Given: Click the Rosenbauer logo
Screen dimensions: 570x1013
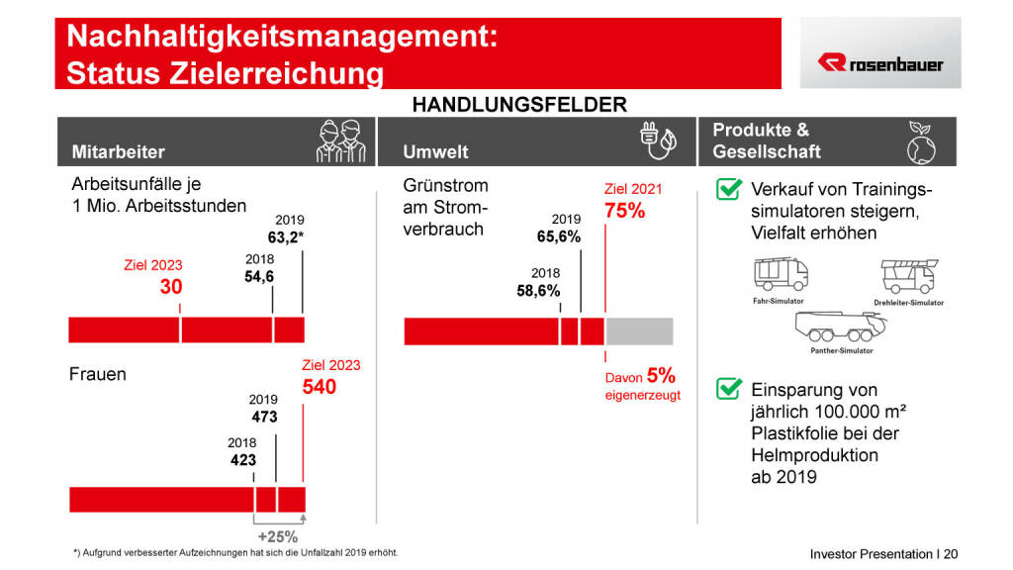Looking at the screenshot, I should pyautogui.click(x=879, y=63).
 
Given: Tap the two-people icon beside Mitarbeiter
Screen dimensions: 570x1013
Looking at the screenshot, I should pyautogui.click(x=338, y=142).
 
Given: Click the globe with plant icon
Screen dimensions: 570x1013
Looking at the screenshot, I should pyautogui.click(x=920, y=143).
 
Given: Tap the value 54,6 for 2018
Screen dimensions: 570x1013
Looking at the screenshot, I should pyautogui.click(x=259, y=277).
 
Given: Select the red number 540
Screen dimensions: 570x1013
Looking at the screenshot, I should pyautogui.click(x=320, y=387).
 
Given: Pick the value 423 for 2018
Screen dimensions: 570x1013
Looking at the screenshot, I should pyautogui.click(x=242, y=460).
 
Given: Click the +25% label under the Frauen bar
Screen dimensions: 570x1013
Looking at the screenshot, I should pyautogui.click(x=278, y=536).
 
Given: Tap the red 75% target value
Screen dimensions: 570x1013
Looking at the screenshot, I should pyautogui.click(x=624, y=211).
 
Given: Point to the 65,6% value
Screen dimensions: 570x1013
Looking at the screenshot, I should pyautogui.click(x=559, y=237).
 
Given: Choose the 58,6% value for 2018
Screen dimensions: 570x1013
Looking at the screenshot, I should pyautogui.click(x=538, y=291).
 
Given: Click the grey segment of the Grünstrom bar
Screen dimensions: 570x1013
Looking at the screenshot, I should pyautogui.click(x=639, y=332).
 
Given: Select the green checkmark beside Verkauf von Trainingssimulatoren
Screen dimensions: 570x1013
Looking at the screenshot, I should pyautogui.click(x=728, y=189).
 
